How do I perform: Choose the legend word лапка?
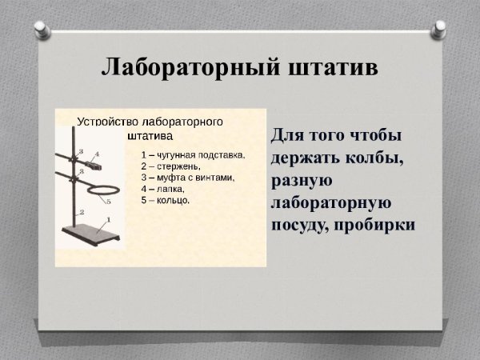click(x=170, y=188)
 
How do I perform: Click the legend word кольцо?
click(x=174, y=200)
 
